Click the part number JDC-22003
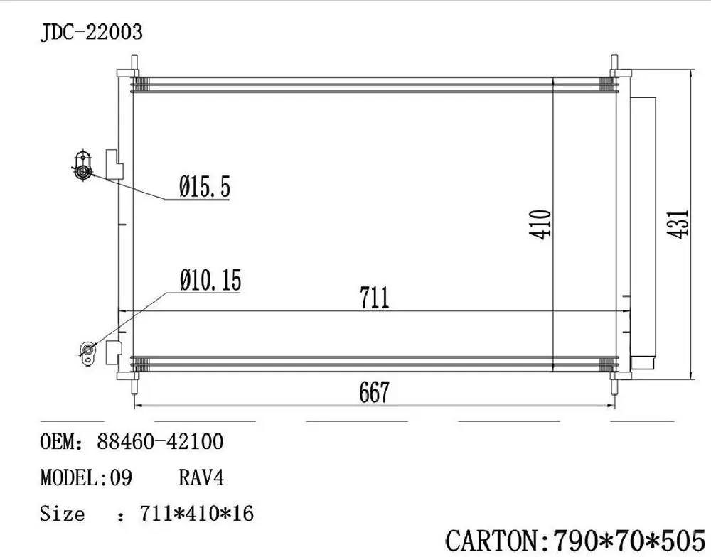point(92,32)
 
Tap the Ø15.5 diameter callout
point(204,188)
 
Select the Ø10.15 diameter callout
point(210,281)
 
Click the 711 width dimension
point(374,297)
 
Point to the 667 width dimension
point(374,392)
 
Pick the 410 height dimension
point(542,224)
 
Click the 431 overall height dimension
point(680,224)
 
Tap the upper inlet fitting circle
point(82,171)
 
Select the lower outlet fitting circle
point(88,350)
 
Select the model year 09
point(121,477)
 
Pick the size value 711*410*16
point(196,513)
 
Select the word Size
point(62,513)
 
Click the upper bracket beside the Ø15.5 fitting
point(114,164)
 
